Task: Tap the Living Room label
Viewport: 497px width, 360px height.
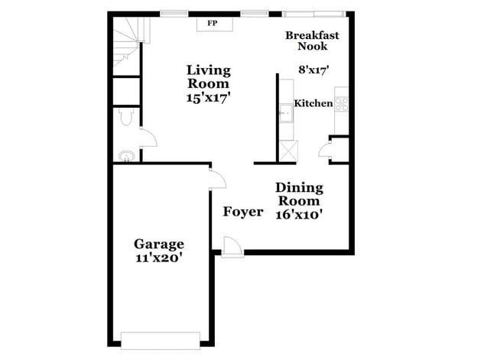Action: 208,76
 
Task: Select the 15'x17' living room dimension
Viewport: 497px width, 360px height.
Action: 208,97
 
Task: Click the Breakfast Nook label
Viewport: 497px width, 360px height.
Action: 312,41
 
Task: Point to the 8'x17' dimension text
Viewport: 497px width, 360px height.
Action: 313,70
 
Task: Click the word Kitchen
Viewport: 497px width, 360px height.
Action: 313,104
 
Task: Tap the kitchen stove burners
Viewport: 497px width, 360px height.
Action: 342,102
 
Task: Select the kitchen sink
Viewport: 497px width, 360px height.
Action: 286,115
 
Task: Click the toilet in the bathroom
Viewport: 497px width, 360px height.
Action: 127,117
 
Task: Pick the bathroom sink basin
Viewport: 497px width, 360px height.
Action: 126,157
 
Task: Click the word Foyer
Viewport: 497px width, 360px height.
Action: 243,212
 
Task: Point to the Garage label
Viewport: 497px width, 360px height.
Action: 159,245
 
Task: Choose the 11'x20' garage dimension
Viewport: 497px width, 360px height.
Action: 159,258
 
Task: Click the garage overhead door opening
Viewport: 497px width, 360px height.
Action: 160,339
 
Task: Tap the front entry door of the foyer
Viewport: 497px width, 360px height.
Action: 231,248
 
